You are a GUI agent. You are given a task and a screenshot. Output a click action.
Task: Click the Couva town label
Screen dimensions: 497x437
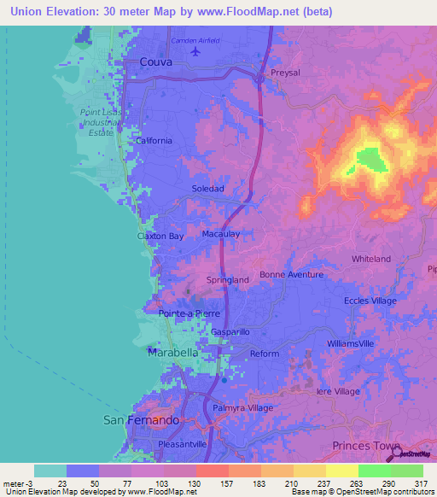pyautogui.click(x=155, y=62)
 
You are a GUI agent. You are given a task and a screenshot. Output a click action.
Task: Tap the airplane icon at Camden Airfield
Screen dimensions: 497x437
pyautogui.click(x=198, y=51)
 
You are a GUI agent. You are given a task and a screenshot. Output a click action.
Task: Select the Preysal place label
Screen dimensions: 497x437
pyautogui.click(x=285, y=73)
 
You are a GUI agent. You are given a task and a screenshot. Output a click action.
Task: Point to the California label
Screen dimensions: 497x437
pyautogui.click(x=154, y=141)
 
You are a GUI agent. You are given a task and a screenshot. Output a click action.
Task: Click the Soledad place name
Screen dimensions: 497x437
pyautogui.click(x=207, y=188)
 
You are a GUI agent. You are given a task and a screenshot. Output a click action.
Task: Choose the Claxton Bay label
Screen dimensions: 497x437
pyautogui.click(x=160, y=236)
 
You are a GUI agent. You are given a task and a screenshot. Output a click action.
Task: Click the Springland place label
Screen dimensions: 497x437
pyautogui.click(x=228, y=279)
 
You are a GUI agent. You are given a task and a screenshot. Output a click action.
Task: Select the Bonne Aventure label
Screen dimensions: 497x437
pyautogui.click(x=291, y=274)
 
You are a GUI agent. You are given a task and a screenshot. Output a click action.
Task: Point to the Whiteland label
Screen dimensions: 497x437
pyautogui.click(x=371, y=259)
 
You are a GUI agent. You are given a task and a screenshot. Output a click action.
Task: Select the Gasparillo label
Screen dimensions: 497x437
pyautogui.click(x=230, y=331)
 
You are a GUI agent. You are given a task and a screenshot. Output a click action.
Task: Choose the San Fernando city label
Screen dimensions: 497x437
pyautogui.click(x=141, y=420)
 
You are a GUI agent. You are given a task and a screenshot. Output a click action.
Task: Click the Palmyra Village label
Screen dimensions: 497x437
pyautogui.click(x=243, y=408)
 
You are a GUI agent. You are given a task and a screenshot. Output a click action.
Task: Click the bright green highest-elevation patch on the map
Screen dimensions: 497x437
pyautogui.click(x=369, y=158)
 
